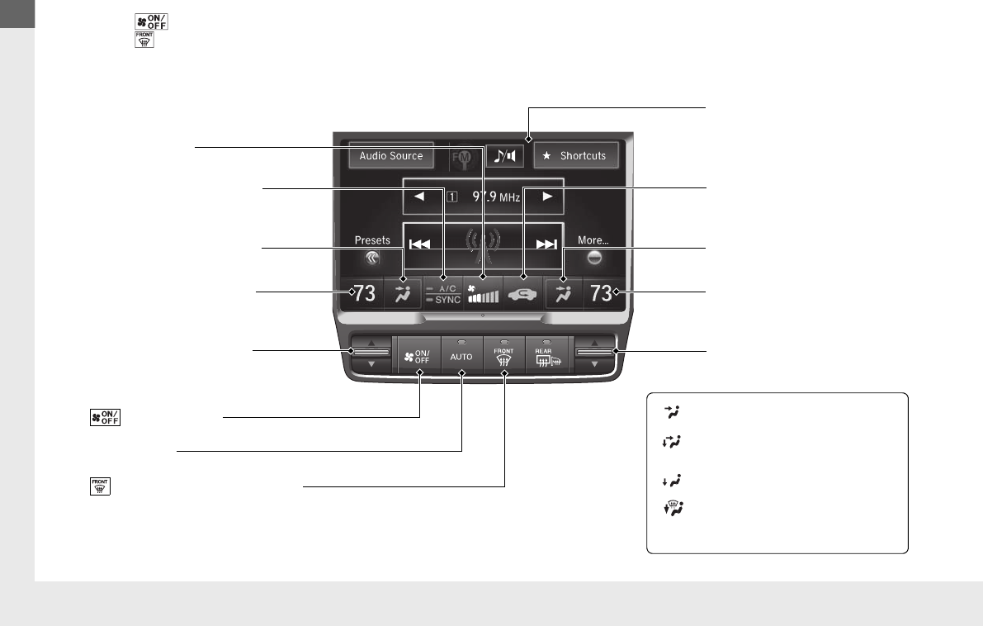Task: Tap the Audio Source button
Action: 390,155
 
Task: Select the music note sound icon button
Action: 504,155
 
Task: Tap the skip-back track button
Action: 420,244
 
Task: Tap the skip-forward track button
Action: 546,244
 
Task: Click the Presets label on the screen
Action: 371,240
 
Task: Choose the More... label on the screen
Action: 593,240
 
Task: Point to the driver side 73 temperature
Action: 364,293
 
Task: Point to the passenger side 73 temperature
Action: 602,293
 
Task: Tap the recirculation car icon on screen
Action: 523,293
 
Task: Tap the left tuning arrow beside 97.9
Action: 418,197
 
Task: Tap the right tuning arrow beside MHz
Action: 546,197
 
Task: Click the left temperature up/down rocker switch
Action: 371,353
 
